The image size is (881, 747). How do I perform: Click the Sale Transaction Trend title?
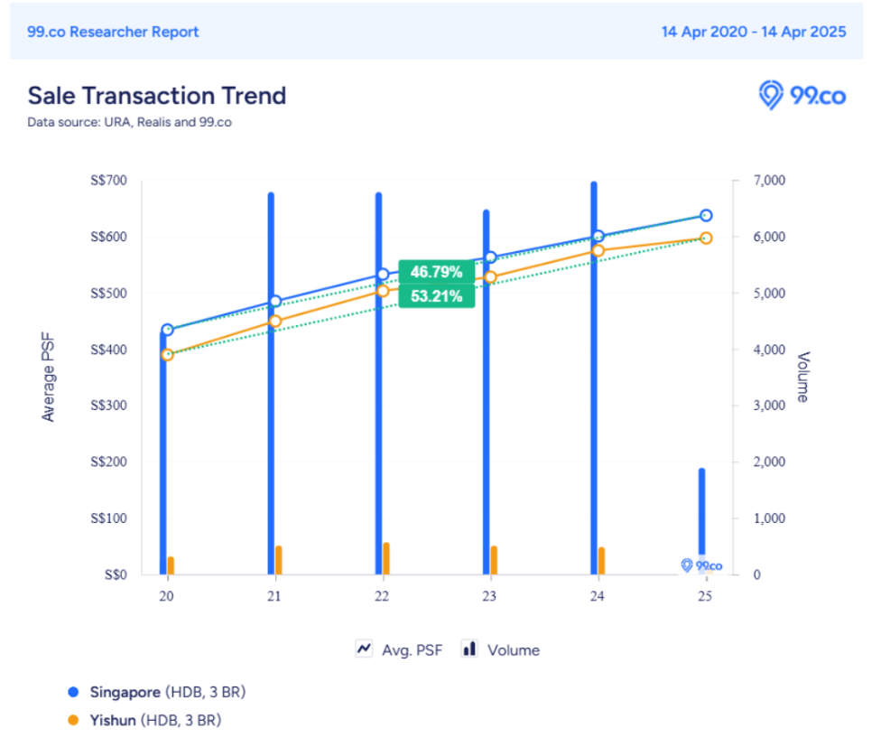coord(156,96)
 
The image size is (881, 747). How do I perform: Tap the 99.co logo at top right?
coord(802,95)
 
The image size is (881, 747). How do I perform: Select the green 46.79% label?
coord(436,272)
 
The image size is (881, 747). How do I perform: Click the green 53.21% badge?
coord(436,296)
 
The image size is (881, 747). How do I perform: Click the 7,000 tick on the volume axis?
coord(770,181)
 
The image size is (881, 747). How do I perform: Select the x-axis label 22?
coord(382,596)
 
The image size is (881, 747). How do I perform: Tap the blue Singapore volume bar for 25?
coord(701,515)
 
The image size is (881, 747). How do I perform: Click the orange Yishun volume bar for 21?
coord(279,560)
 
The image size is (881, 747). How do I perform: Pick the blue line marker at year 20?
coord(167,330)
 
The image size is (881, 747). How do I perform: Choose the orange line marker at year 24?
coord(598,250)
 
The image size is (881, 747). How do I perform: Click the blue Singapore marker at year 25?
coord(706,215)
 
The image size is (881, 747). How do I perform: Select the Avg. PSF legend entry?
coord(400,649)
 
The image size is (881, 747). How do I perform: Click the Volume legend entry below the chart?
coord(501,649)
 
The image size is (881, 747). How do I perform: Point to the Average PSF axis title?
coord(49,378)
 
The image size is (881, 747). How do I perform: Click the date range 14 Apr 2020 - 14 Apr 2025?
coord(753,32)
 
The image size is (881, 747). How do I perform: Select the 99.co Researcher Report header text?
coord(114,32)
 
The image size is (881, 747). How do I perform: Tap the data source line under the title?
coord(129,122)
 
